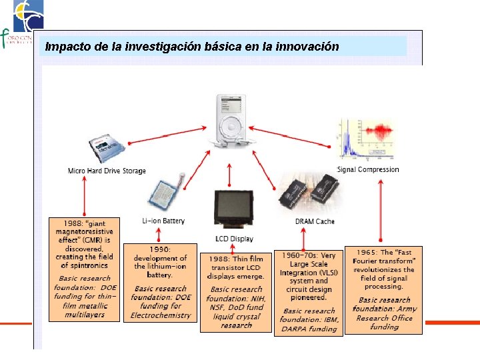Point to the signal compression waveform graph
coord(367,139)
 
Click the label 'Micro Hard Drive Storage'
coord(107,171)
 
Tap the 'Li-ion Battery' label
coord(163,221)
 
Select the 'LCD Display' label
coord(234,239)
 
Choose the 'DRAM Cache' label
coord(315,221)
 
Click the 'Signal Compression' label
coord(368,169)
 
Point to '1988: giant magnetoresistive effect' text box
coord(84,268)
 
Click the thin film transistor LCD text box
coord(236,291)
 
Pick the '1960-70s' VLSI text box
coord(309,291)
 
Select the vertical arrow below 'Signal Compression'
coord(381,211)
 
